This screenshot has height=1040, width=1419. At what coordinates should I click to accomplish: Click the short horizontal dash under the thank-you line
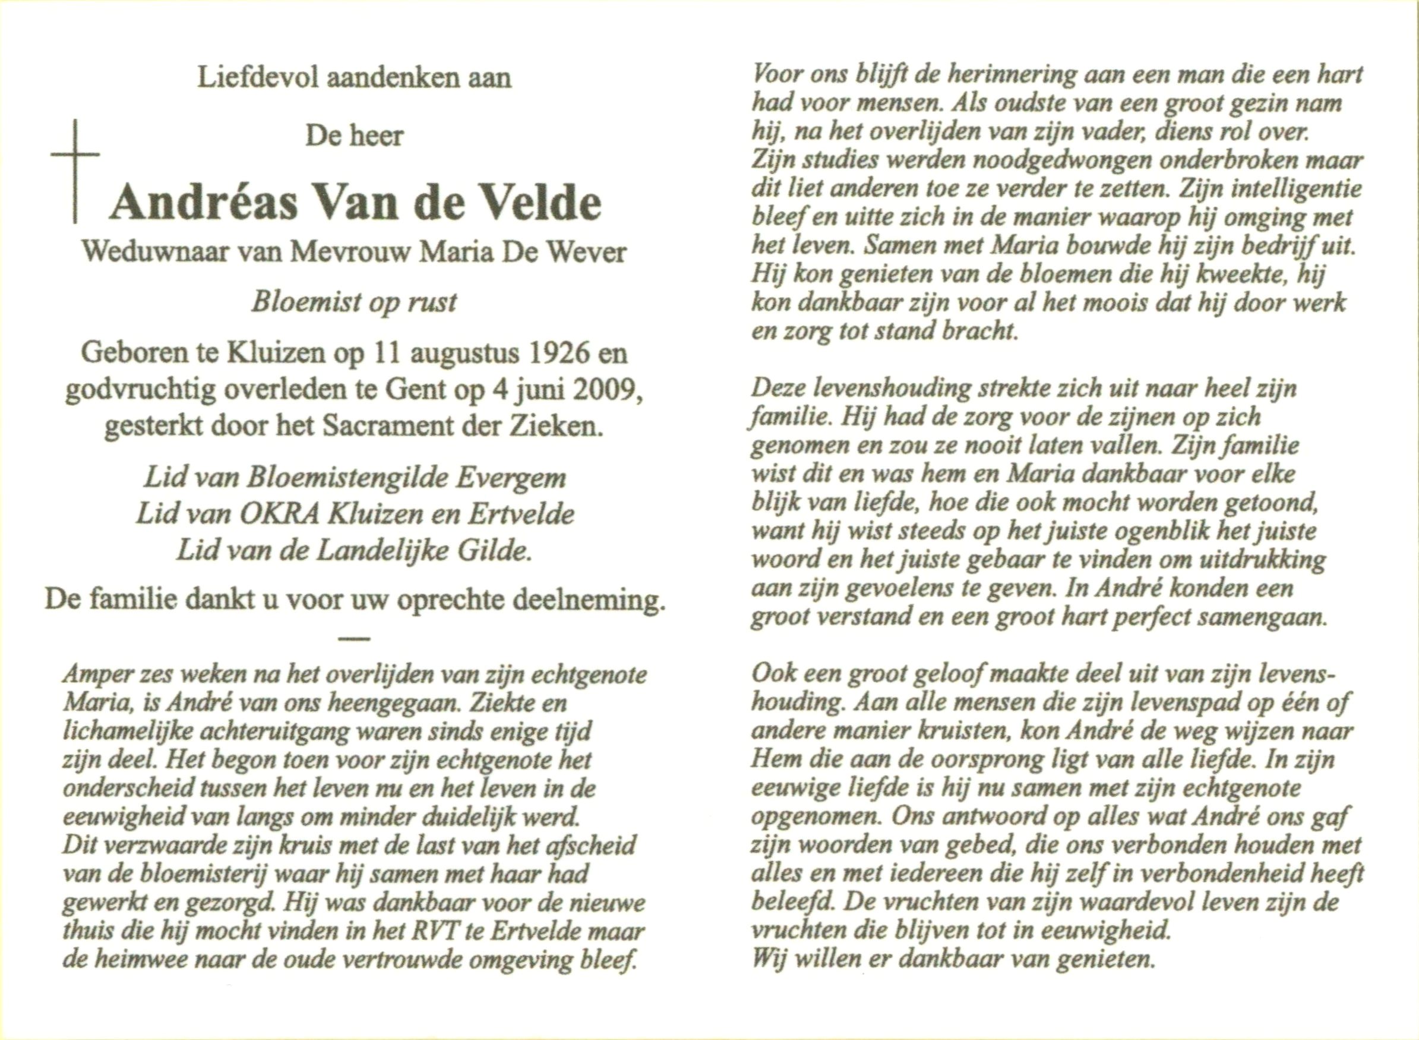click(x=354, y=639)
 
